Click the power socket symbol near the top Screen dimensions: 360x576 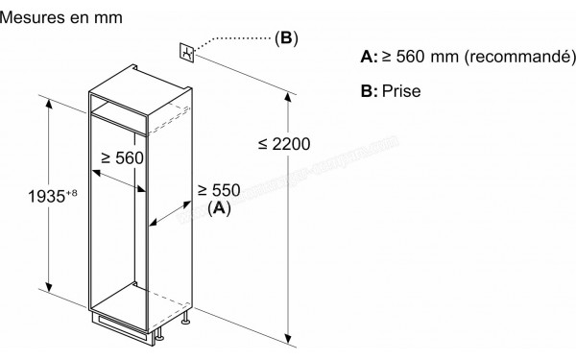(188, 52)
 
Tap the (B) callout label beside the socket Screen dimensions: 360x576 (286, 39)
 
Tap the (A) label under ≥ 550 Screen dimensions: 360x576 (219, 207)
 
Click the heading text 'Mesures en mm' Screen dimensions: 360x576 (60, 17)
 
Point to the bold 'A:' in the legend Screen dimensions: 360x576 (369, 59)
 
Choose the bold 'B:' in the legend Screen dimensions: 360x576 (369, 91)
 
